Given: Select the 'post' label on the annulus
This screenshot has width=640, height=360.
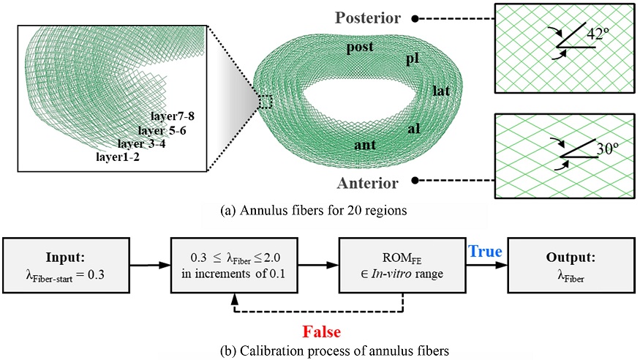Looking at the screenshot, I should tap(361, 48).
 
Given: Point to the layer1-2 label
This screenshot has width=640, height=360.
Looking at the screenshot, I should tap(119, 155).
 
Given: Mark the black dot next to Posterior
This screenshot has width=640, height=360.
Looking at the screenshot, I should tap(415, 16).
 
